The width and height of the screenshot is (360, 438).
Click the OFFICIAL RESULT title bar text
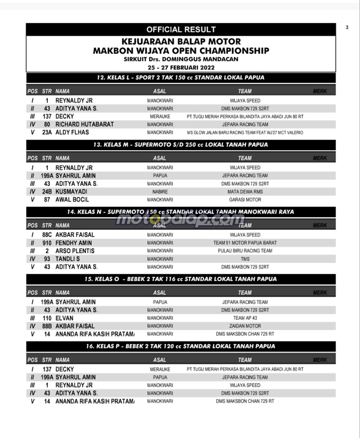(x=181, y=29)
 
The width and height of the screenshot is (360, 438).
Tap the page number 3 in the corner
(x=347, y=28)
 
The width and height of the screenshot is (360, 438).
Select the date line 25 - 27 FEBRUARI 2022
(x=180, y=67)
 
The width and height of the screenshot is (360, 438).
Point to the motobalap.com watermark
(x=180, y=219)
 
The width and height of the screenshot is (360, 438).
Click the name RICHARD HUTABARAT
(x=85, y=124)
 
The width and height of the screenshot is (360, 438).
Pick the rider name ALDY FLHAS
(x=72, y=132)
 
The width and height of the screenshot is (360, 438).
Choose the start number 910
(x=47, y=243)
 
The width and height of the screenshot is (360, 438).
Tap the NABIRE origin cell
(x=160, y=192)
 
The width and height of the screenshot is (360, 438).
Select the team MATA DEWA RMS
(x=245, y=192)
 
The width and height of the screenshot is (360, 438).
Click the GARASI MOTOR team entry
(x=245, y=200)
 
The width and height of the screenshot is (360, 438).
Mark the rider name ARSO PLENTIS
(x=75, y=251)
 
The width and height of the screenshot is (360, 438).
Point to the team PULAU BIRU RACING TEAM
(x=245, y=251)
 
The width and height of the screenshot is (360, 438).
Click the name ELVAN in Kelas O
(x=64, y=318)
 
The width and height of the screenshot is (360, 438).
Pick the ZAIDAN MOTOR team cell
(x=245, y=326)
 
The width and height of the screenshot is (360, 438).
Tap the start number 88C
(x=47, y=235)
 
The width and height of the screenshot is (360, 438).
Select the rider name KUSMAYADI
(x=71, y=192)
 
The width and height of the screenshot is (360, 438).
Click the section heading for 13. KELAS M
(x=180, y=145)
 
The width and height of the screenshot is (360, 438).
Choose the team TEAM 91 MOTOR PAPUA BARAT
(x=245, y=243)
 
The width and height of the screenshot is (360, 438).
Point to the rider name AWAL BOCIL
(x=72, y=200)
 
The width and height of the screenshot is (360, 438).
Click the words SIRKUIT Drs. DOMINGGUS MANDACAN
(x=180, y=59)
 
